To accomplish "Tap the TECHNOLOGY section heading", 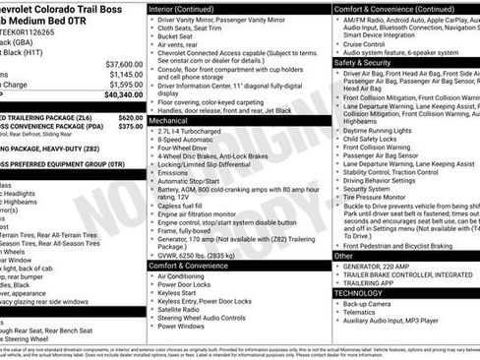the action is (365, 292).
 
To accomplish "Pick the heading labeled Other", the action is (343, 256).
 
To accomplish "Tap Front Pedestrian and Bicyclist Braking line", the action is (407, 245).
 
